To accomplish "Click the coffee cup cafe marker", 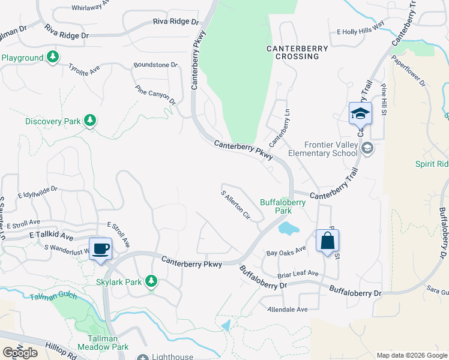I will coord(101,248).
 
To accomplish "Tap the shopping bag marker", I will coord(327,241).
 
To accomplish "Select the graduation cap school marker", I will coord(360,113).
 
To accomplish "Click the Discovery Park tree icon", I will coord(90,121).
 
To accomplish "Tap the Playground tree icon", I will coord(53,58).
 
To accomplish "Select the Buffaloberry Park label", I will coord(283,206).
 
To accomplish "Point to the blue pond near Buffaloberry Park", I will coord(288,227).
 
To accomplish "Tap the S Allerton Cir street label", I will coord(235,205).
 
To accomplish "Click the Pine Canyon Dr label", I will coord(155,95).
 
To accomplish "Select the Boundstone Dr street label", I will coord(156,65).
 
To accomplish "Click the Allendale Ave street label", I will coord(287,309).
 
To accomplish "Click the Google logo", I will coord(20,352).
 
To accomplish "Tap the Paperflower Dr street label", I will coord(409,71).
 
